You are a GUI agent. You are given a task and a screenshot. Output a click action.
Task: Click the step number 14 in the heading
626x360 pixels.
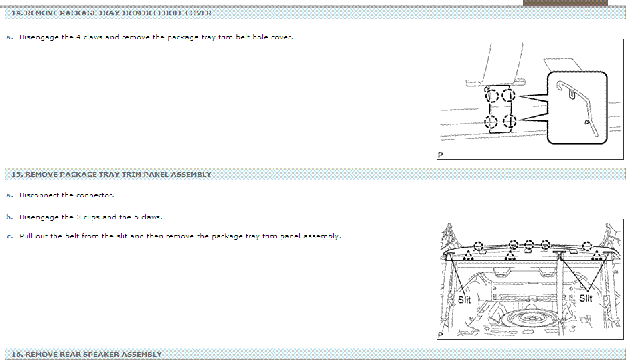(x=16, y=13)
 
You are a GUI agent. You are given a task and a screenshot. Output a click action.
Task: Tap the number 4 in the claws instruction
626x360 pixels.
(x=78, y=37)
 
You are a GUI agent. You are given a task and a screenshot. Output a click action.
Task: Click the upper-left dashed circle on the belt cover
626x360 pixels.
(x=492, y=96)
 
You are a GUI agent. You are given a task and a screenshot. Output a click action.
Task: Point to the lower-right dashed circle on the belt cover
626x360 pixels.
(x=510, y=121)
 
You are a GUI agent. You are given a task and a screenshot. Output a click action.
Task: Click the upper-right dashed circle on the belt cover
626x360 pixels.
(x=509, y=96)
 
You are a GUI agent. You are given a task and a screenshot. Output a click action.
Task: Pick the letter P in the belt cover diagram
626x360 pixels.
(x=441, y=155)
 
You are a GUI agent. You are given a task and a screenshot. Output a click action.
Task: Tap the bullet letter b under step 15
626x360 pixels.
(x=9, y=217)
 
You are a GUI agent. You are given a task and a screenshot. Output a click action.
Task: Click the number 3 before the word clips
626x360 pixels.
(x=78, y=217)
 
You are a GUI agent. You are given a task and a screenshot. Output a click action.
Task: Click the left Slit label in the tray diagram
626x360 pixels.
(x=464, y=300)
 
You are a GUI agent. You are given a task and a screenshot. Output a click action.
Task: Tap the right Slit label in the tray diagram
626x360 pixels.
(x=586, y=298)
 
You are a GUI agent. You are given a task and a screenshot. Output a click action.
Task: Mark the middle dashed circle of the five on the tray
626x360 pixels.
(x=529, y=245)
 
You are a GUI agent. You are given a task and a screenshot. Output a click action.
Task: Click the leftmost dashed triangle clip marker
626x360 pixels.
(x=468, y=256)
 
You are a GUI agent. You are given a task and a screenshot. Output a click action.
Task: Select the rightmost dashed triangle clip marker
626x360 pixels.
(x=596, y=255)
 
